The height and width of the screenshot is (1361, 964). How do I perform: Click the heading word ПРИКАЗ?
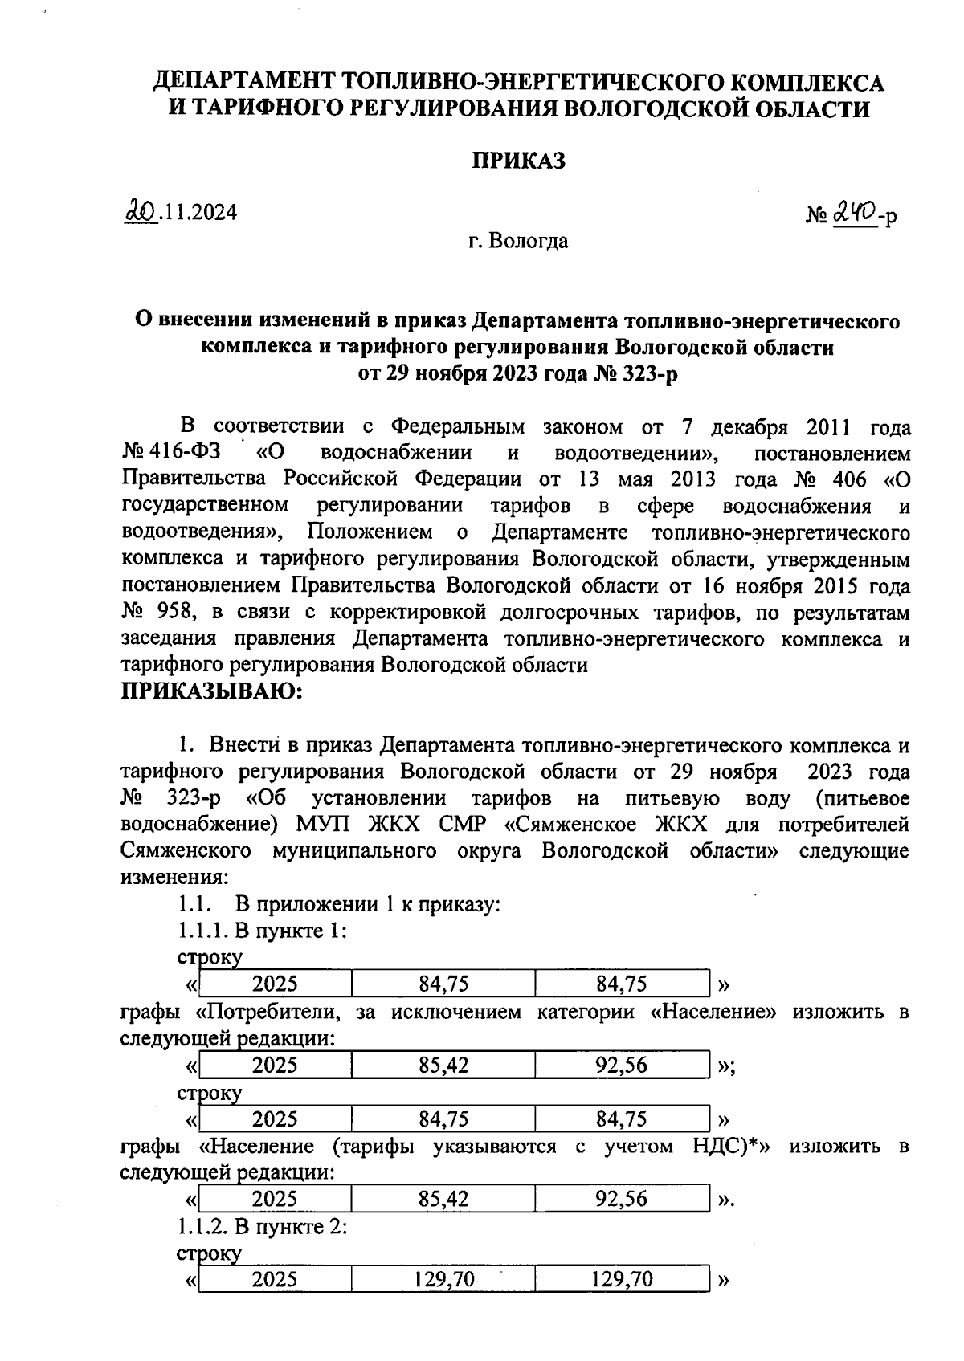[517, 161]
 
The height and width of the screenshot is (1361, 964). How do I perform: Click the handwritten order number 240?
[854, 213]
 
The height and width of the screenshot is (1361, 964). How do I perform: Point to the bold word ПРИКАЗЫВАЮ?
[210, 691]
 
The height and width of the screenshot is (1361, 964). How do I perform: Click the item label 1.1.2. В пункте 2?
[262, 1227]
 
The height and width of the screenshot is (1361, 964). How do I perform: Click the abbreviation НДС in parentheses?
[717, 1146]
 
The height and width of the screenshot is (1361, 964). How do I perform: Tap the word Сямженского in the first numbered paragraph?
[186, 851]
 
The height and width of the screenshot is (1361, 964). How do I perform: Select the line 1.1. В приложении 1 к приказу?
[339, 904]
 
